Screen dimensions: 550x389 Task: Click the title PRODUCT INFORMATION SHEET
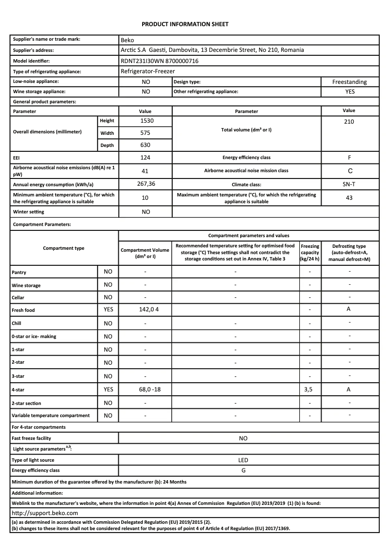185,24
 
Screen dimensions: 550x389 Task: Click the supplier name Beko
127,40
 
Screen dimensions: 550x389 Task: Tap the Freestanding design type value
349,82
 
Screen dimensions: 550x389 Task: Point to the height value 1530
146,121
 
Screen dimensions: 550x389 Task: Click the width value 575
146,132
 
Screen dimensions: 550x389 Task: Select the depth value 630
146,145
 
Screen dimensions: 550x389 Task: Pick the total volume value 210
349,122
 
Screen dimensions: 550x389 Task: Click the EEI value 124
146,158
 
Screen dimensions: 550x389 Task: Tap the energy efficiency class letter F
349,158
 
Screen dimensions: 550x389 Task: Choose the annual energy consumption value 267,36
146,184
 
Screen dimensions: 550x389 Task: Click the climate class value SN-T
349,184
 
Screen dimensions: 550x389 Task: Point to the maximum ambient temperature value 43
349,198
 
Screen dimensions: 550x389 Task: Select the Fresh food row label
23,310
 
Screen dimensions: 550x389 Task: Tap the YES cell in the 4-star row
108,389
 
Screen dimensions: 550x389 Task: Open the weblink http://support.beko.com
45,513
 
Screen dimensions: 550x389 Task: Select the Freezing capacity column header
310,253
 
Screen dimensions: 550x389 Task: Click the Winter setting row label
28,212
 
